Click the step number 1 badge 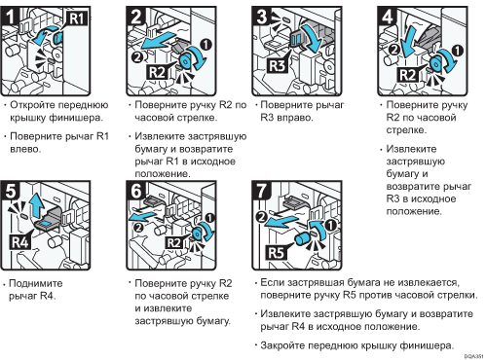coord(11,16)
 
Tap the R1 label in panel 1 coord(77,18)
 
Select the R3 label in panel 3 coord(277,65)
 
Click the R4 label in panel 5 coord(20,242)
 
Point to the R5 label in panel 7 coord(276,252)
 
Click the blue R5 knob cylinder coord(303,240)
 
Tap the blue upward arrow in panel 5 coord(36,205)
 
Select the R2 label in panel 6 coord(173,242)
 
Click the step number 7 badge coord(262,191)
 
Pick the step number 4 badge coord(388,17)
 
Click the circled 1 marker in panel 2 coord(206,45)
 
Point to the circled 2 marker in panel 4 coord(394,50)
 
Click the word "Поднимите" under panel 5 coord(36,283)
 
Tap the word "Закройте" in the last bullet coord(282,345)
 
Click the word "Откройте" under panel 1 coord(34,105)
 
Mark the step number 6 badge coord(136,191)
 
